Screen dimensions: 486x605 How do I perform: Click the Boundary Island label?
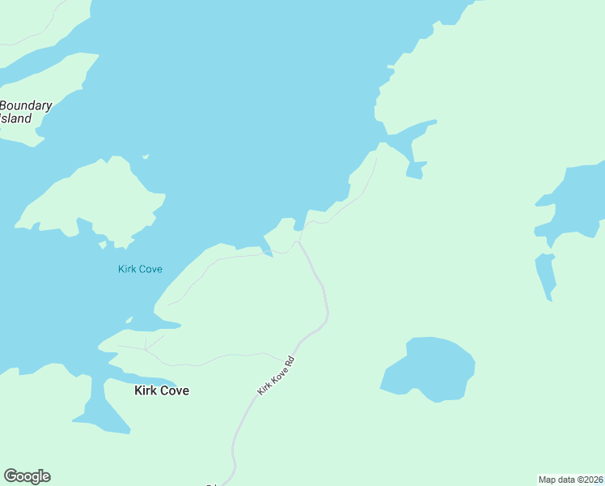[26, 112]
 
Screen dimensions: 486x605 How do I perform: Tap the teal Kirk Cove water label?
[140, 269]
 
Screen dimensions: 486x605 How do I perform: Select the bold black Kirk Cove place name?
[161, 390]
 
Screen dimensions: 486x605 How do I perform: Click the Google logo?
[27, 476]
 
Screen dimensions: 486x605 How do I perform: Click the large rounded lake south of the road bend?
[429, 369]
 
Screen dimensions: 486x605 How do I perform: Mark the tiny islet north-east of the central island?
[146, 156]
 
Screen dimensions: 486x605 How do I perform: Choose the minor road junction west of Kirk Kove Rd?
[146, 348]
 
